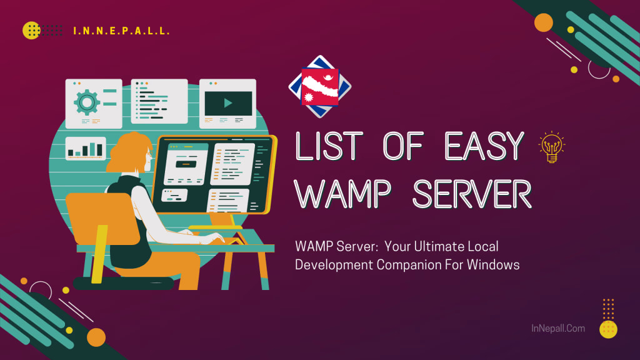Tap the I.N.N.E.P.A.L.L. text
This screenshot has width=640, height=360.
coord(121,31)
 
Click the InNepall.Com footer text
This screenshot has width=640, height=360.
coord(557,327)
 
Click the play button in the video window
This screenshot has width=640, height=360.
coord(227,102)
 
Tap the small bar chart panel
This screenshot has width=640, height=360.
coord(86,148)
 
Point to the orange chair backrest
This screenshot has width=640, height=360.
coord(101,218)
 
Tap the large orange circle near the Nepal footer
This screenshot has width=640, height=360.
coord(96,337)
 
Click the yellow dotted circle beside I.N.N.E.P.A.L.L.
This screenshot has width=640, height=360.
coord(31,30)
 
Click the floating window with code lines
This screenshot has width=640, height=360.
coord(159,101)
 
